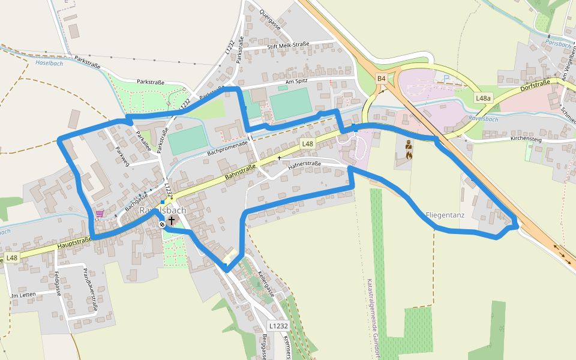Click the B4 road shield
[x=381, y=79]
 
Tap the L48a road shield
[x=483, y=98]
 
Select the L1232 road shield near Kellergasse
[x=278, y=326]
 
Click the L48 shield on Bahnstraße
[x=307, y=143]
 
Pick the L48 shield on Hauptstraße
[x=11, y=258]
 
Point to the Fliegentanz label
[x=445, y=214]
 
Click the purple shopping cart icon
[x=100, y=213]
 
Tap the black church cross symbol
[x=172, y=221]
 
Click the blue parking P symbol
[x=445, y=78]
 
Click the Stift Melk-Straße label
[x=288, y=45]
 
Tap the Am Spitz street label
[x=298, y=82]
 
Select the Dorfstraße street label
[x=536, y=86]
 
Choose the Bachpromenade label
[x=227, y=148]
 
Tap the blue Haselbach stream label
[x=49, y=63]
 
